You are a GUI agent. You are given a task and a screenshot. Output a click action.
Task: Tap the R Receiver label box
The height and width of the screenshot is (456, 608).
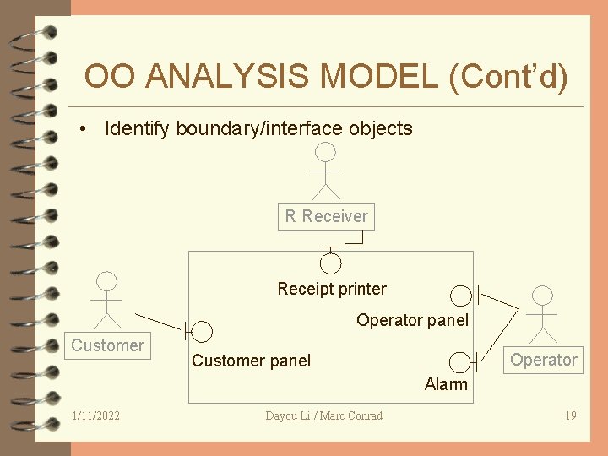[326, 216]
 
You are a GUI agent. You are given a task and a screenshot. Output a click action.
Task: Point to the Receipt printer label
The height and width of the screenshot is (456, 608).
[332, 289]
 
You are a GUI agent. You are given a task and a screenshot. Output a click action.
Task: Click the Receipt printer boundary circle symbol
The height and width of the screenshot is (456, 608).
[331, 262]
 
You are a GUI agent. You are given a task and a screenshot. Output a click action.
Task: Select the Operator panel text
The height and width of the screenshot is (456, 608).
[412, 320]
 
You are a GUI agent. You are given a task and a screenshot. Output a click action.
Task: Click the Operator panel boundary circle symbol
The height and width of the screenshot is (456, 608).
[461, 296]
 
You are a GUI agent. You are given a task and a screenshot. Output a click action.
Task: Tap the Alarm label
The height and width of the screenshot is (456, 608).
[446, 384]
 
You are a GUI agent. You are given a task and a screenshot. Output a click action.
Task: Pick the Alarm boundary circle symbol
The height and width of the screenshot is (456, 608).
[460, 362]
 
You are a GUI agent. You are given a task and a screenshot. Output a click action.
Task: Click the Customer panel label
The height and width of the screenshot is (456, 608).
[251, 361]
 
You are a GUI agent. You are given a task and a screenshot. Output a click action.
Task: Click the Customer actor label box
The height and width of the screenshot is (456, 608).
[107, 345]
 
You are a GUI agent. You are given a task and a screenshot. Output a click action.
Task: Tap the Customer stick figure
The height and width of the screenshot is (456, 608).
[106, 300]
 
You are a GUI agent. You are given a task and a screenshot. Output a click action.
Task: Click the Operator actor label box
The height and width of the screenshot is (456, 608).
[544, 360]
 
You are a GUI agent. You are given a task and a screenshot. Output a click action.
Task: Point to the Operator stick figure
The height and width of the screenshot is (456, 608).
[542, 313]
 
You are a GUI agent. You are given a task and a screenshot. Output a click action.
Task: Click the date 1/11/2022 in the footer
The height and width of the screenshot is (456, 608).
[96, 415]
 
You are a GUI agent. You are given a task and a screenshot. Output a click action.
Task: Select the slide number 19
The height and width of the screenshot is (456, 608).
[570, 415]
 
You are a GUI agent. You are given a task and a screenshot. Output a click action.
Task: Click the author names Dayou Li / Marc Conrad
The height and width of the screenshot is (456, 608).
[323, 415]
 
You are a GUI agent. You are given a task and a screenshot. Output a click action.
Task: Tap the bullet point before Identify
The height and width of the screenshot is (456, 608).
[83, 129]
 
